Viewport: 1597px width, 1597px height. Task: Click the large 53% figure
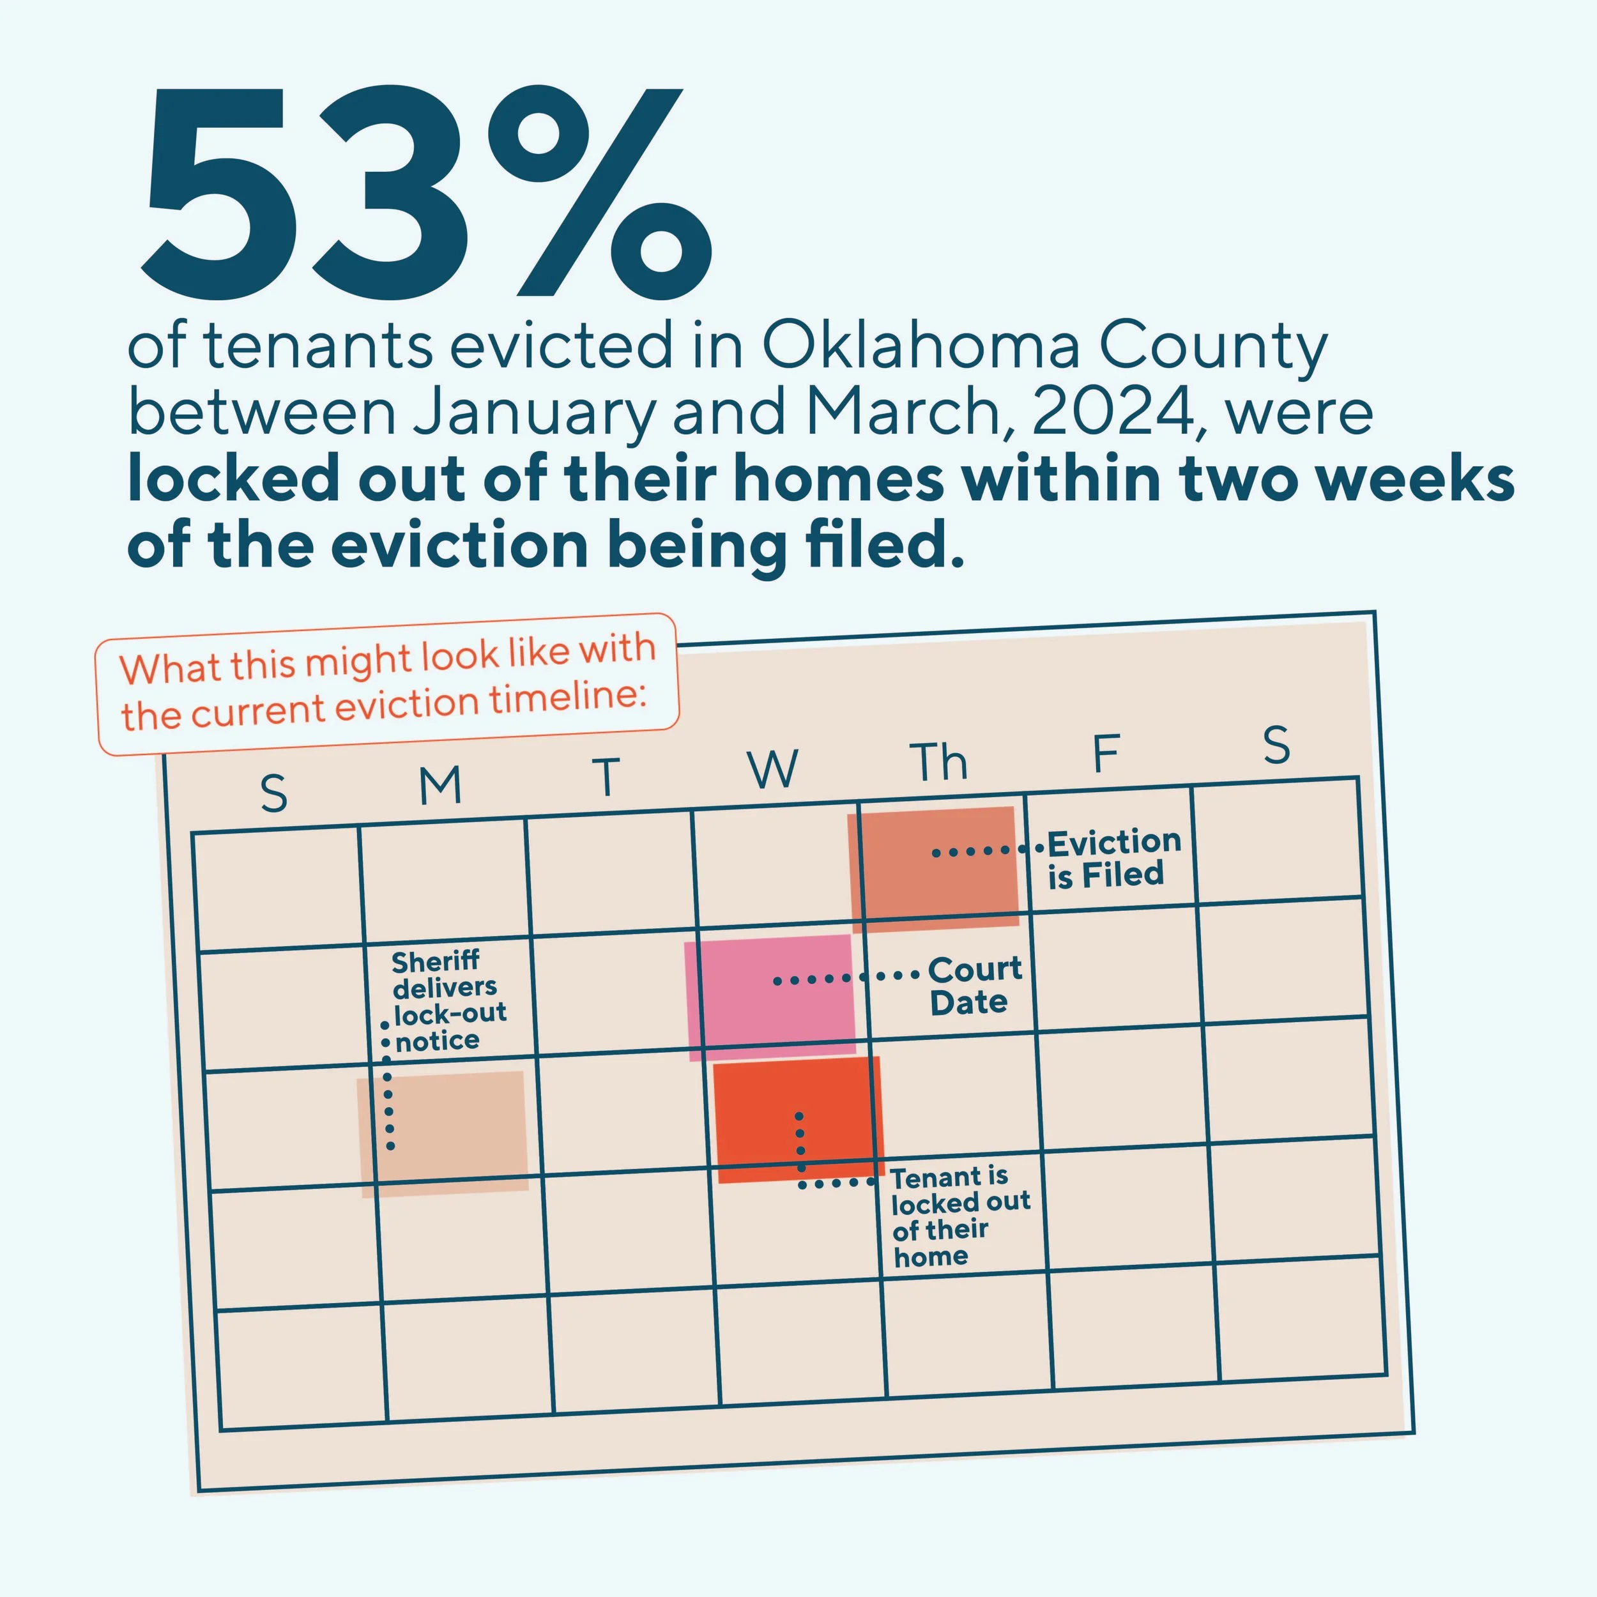425,194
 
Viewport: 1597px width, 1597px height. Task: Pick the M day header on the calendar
439,786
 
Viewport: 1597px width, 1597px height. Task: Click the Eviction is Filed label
1113,859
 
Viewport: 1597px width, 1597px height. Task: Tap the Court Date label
974,985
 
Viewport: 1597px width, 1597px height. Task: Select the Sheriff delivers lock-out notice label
447,1000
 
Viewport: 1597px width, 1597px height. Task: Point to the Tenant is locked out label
959,1215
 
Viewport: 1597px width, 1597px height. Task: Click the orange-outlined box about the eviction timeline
387,684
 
